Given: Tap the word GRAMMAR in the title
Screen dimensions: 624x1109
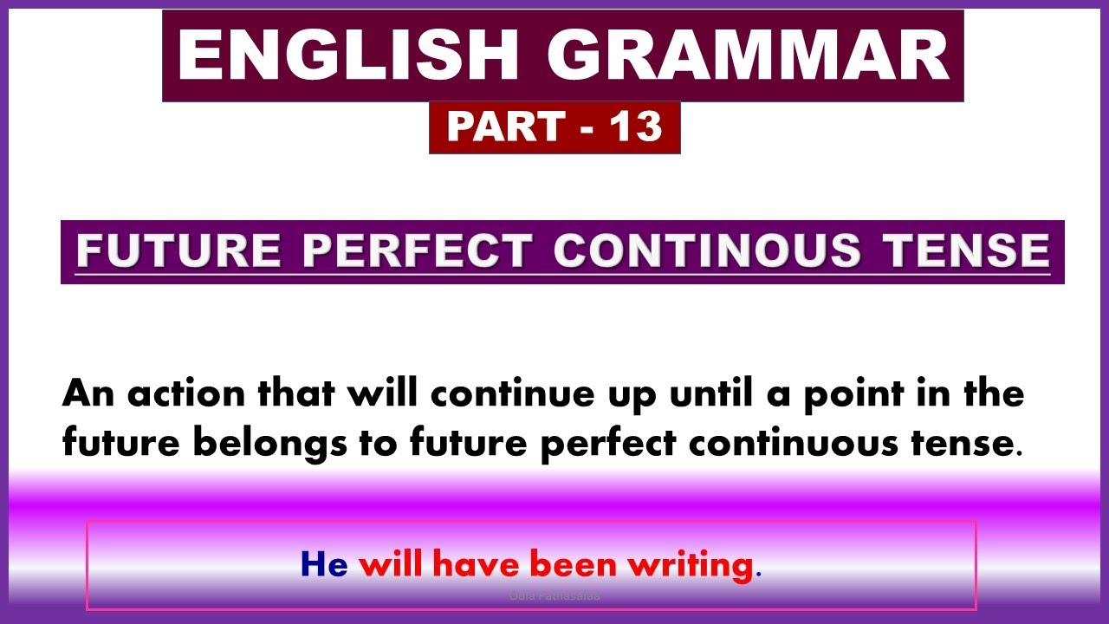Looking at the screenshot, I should tap(748, 55).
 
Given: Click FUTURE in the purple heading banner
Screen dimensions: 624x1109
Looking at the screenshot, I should tap(178, 251).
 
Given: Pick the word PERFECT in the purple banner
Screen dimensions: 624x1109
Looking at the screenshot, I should tap(417, 251).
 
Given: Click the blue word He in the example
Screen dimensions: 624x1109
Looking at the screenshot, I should tap(323, 565).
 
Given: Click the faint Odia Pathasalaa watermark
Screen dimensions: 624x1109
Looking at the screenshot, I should tap(554, 596).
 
